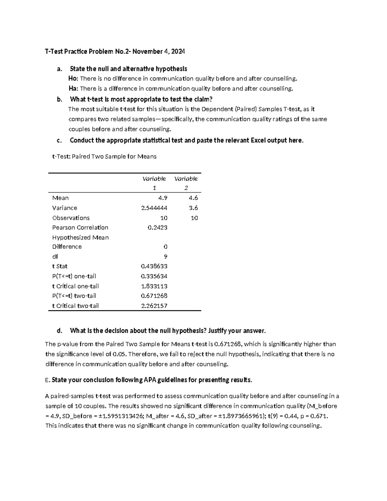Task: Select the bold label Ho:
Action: click(x=73, y=79)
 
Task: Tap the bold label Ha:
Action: click(x=73, y=89)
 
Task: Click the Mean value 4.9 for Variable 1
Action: click(x=163, y=198)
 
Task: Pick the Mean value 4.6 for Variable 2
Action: click(x=193, y=198)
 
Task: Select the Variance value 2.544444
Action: click(x=154, y=208)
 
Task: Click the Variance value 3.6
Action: click(x=193, y=208)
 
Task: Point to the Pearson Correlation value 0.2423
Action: click(x=157, y=227)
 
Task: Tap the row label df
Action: click(x=55, y=257)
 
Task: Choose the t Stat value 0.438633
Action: click(x=154, y=266)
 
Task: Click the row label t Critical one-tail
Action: click(x=75, y=286)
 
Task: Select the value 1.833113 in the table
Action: click(x=154, y=286)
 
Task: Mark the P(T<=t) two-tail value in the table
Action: click(x=154, y=296)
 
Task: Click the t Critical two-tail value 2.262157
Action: click(x=154, y=306)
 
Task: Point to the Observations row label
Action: click(x=71, y=218)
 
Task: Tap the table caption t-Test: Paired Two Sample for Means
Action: click(x=104, y=157)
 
